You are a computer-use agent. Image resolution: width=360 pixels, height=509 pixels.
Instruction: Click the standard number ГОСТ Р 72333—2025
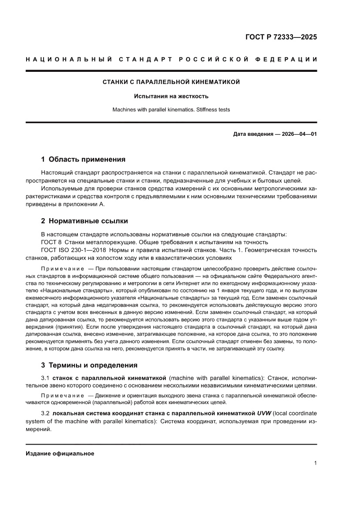(281, 37)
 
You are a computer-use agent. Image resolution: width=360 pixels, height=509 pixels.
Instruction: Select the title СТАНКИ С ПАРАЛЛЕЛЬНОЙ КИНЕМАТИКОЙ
(171, 82)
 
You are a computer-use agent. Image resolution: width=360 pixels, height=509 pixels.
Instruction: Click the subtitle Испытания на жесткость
(171, 96)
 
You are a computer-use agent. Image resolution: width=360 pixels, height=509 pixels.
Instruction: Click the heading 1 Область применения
(83, 159)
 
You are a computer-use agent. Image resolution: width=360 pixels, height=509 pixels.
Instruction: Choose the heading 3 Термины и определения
(89, 365)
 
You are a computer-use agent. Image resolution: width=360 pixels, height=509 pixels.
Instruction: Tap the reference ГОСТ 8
(48, 242)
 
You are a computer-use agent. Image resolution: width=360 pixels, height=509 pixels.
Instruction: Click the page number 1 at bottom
(315, 463)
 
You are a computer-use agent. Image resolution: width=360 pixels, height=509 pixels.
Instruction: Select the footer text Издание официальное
(60, 454)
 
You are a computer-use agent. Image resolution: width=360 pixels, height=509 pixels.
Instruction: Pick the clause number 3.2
(45, 412)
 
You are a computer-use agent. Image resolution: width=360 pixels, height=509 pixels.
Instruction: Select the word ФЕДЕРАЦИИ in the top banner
(290, 59)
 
